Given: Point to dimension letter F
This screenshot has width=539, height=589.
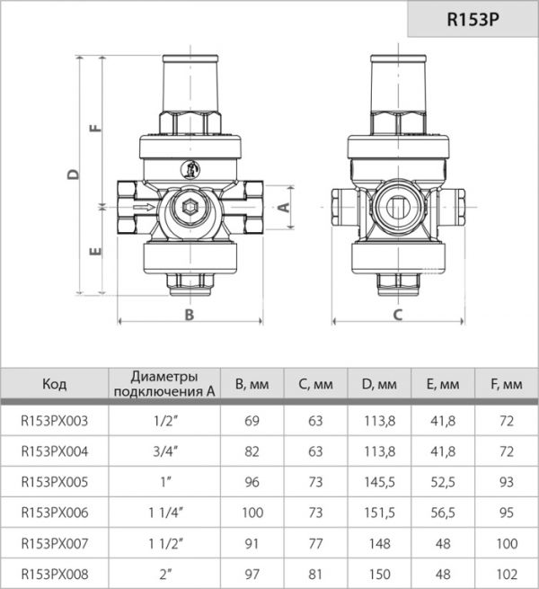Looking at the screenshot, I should click(x=96, y=129).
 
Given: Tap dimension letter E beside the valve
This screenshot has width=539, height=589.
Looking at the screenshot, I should click(x=96, y=252).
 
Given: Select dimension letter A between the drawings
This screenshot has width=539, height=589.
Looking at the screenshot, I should click(x=284, y=206).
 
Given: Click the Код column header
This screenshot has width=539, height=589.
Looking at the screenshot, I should click(x=54, y=384).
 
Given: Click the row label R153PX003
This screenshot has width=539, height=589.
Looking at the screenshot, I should click(x=54, y=418).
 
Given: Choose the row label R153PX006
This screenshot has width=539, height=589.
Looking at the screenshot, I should click(x=54, y=512).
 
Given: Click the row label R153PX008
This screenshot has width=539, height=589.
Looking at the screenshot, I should click(x=54, y=573).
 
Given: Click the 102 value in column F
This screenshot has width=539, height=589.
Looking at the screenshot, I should click(x=507, y=573).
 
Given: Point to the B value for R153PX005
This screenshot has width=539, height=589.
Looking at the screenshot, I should click(x=252, y=480).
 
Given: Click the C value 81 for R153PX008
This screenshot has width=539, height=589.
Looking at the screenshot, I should click(x=315, y=573).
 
